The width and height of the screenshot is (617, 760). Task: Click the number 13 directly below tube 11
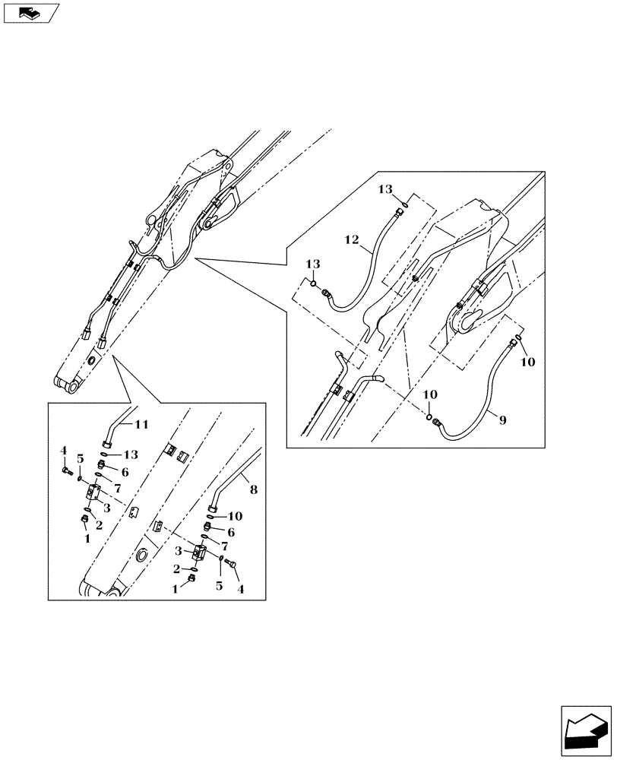[x=131, y=455]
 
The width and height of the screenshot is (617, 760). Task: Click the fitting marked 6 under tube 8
[x=209, y=527]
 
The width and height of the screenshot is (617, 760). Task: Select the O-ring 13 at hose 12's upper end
[x=407, y=203]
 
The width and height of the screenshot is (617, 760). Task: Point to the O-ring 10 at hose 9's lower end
[x=430, y=416]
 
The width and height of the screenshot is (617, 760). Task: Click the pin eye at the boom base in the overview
[x=73, y=388]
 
